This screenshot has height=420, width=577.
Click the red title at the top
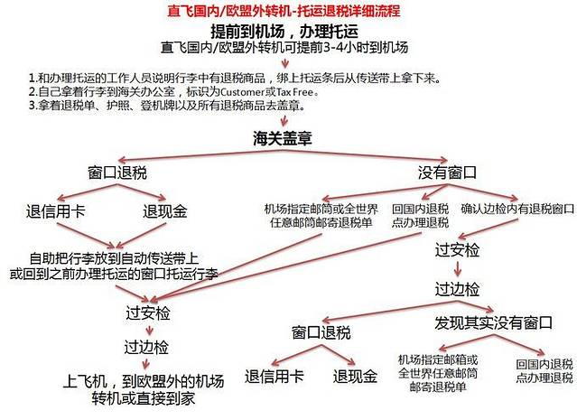pyautogui.click(x=284, y=11)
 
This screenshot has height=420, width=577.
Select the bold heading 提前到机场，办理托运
pyautogui.click(x=284, y=32)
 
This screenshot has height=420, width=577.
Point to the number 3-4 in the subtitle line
pyautogui.click(x=334, y=48)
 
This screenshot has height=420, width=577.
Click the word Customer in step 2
pyautogui.click(x=243, y=91)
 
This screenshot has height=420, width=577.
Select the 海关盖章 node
pyautogui.click(x=283, y=138)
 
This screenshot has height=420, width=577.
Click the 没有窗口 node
pyautogui.click(x=447, y=173)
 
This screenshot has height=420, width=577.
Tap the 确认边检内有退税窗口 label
pyautogui.click(x=517, y=209)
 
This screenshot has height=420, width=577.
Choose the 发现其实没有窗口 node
pyautogui.click(x=493, y=322)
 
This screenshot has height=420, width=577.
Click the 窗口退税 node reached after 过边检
pyautogui.click(x=321, y=332)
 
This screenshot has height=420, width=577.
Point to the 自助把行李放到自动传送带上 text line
pyautogui.click(x=114, y=258)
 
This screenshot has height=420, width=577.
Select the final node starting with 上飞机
pyautogui.click(x=144, y=390)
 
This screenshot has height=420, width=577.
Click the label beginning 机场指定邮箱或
pyautogui.click(x=438, y=373)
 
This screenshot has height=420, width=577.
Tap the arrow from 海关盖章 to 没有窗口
pyautogui.click(x=365, y=155)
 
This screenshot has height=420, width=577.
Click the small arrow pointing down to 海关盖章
pyautogui.click(x=284, y=121)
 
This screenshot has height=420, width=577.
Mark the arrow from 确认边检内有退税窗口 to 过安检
pyautogui.click(x=489, y=229)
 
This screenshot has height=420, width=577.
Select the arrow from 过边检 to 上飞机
pyautogui.click(x=146, y=364)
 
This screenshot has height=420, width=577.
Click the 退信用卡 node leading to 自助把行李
pyautogui.click(x=56, y=211)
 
